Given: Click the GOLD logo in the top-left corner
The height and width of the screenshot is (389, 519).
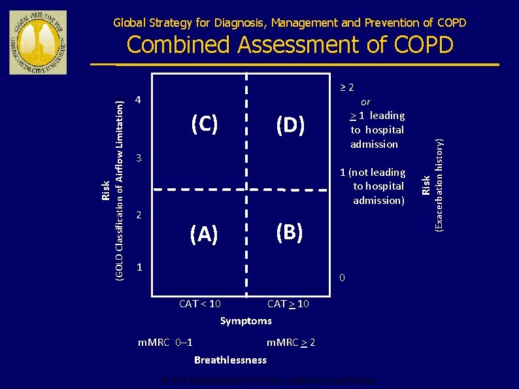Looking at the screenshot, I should pyautogui.click(x=38, y=42).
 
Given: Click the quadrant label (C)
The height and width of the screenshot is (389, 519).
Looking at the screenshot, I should pyautogui.click(x=204, y=124).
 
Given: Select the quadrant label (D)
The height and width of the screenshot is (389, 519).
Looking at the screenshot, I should pyautogui.click(x=289, y=124).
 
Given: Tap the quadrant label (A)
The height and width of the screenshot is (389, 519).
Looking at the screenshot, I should pyautogui.click(x=204, y=233).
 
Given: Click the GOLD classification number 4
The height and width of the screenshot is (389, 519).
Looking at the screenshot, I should pyautogui.click(x=138, y=101).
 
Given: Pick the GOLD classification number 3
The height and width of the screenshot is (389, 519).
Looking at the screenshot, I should pyautogui.click(x=138, y=158).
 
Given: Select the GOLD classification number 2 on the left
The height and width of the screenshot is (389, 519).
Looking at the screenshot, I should pyautogui.click(x=138, y=215).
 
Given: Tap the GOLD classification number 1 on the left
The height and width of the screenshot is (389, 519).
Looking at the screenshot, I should pyautogui.click(x=138, y=267).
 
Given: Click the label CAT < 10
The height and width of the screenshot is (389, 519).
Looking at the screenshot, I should pyautogui.click(x=199, y=304).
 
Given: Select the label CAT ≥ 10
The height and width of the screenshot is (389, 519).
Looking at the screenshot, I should pyautogui.click(x=288, y=304).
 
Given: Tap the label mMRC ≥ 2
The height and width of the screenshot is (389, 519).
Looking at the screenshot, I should pyautogui.click(x=291, y=343).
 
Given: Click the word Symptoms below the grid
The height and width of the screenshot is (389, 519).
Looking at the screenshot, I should pyautogui.click(x=246, y=320).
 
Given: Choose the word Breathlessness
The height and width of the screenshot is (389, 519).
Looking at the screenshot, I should pyautogui.click(x=230, y=360).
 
